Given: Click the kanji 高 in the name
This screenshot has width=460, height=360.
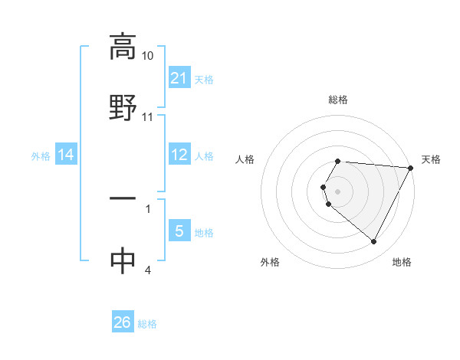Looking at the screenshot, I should [x=123, y=47].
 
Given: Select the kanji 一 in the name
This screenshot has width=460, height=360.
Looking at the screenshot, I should [x=123, y=198].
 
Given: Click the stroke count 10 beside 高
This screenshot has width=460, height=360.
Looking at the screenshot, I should [x=148, y=56].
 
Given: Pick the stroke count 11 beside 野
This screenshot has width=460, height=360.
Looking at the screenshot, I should [x=148, y=117].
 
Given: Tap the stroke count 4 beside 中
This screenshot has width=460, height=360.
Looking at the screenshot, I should [x=148, y=270].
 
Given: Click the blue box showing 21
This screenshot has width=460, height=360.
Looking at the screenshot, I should [x=179, y=78].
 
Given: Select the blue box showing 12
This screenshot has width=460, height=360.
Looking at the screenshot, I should [x=179, y=155].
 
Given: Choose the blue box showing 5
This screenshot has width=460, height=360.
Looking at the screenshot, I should [x=179, y=231].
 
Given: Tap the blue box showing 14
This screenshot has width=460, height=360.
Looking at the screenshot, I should [x=66, y=155].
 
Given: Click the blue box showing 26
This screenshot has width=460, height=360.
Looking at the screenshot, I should [x=123, y=323].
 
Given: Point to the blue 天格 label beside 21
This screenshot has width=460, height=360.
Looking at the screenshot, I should [x=204, y=79].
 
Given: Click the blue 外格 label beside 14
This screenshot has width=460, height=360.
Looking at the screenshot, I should [x=41, y=156].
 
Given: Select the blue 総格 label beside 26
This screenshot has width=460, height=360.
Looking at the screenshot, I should [x=147, y=324].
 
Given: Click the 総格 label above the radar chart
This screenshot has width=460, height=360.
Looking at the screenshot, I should [x=338, y=100].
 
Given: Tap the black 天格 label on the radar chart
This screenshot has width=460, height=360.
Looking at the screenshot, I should [x=431, y=159].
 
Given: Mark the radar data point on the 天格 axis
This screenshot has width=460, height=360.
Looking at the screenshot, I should [x=411, y=168].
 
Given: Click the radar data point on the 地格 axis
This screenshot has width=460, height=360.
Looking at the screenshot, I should [x=374, y=242].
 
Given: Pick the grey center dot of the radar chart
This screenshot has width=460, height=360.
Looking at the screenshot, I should [x=338, y=191].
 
